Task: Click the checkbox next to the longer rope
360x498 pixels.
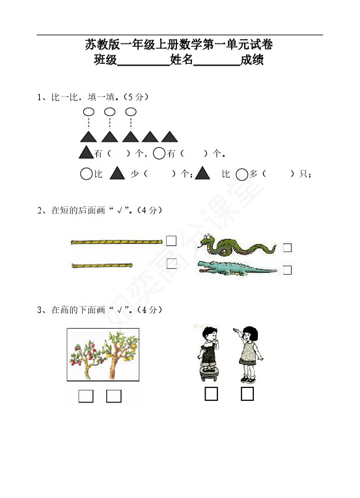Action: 171,241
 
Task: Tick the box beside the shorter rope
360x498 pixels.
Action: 172,264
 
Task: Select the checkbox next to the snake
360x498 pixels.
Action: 287,248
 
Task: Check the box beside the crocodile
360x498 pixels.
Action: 287,270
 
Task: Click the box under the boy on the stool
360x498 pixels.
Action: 211,394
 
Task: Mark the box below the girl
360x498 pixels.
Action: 247,394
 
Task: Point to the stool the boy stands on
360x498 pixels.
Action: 210,374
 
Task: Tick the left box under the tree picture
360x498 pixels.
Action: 86,396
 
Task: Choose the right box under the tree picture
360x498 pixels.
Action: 114,396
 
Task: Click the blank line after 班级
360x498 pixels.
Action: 144,65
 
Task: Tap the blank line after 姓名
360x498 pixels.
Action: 217,65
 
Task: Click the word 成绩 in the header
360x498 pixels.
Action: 252,59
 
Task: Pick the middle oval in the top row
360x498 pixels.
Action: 109,112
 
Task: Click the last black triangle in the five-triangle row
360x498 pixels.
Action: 169,137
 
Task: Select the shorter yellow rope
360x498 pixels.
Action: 102,266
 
